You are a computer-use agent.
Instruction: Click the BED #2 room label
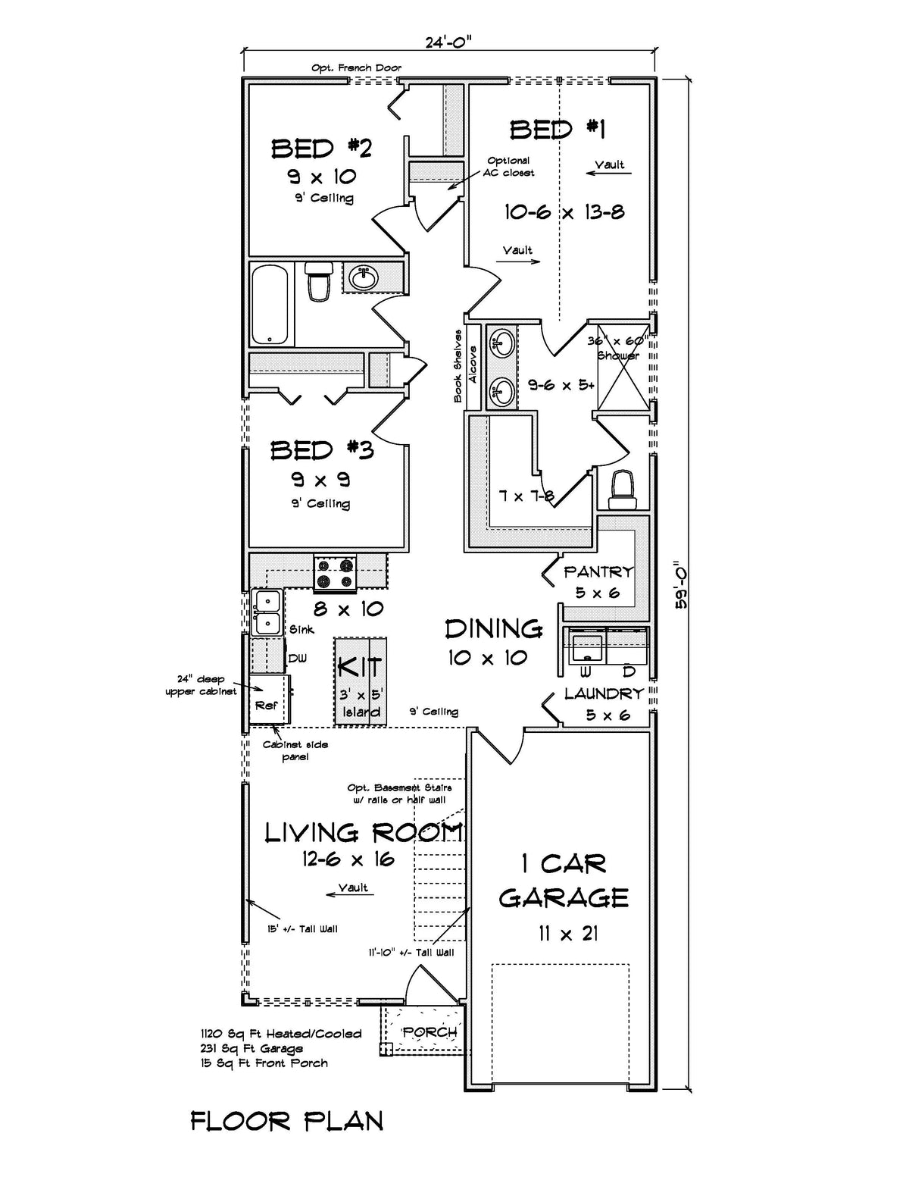click(x=321, y=148)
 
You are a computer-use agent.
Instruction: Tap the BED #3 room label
click(x=322, y=450)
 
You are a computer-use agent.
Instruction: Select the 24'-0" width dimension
click(x=448, y=42)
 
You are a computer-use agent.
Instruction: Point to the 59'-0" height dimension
click(x=680, y=584)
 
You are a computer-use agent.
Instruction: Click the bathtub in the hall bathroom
click(x=271, y=304)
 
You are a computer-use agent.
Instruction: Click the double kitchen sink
click(x=267, y=612)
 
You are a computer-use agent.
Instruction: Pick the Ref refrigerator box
click(x=267, y=705)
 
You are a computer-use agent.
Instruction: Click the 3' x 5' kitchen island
click(x=361, y=680)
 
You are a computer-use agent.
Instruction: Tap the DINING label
click(x=493, y=628)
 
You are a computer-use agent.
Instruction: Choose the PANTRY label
click(x=598, y=572)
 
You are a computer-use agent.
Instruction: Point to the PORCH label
click(x=430, y=1031)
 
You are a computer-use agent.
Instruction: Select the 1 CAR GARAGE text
click(x=564, y=881)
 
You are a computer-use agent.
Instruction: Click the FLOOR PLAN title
click(x=286, y=1121)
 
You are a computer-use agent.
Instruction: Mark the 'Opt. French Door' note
click(x=356, y=67)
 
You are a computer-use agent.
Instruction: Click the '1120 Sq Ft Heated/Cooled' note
click(x=281, y=1034)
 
